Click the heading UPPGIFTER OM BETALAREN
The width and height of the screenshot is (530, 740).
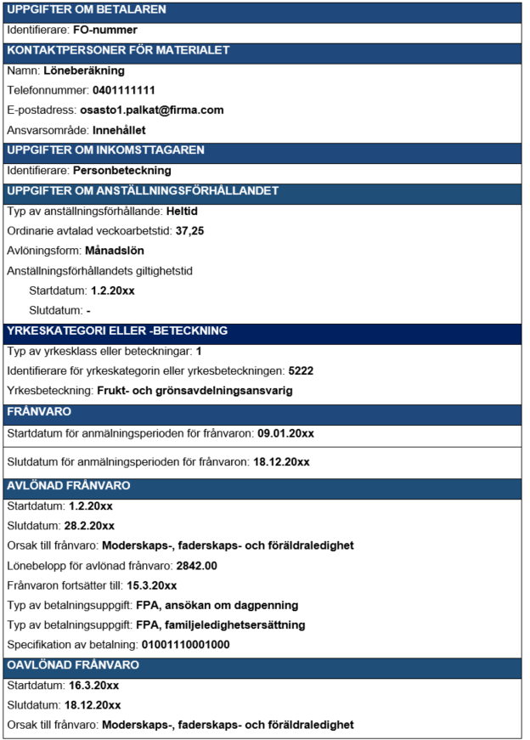(87, 10)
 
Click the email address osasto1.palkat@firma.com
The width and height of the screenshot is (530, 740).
(151, 110)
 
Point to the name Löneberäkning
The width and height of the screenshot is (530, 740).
(84, 71)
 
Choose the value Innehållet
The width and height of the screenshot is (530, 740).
(119, 130)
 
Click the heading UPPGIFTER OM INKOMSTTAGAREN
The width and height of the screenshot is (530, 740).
(105, 150)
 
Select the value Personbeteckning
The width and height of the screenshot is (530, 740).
(122, 170)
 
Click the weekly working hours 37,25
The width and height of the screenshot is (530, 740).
(190, 231)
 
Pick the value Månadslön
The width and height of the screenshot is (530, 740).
(115, 251)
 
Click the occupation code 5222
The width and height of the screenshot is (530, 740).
(302, 371)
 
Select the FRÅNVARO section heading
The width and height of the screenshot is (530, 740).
(39, 411)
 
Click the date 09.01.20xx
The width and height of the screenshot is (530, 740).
(285, 433)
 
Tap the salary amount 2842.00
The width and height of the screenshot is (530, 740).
(196, 565)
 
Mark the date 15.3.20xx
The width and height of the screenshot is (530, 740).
(152, 585)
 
